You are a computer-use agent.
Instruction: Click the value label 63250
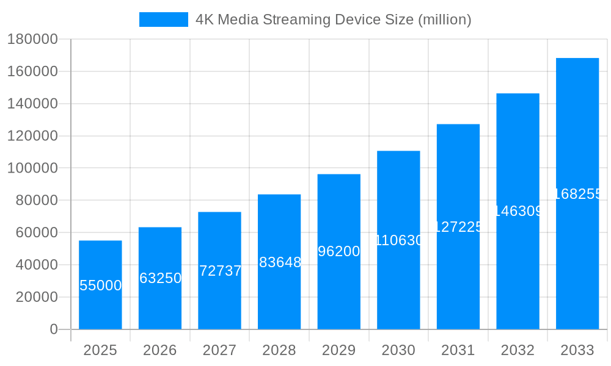[160, 278]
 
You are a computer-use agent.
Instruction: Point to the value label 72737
[220, 271]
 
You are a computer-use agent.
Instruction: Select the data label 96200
[339, 251]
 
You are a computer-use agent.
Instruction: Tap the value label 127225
[458, 227]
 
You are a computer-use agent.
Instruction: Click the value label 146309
[518, 211]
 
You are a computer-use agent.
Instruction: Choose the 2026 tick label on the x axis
[160, 350]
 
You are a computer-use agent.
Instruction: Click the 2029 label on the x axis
[339, 350]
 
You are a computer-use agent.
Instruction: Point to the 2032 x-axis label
[518, 350]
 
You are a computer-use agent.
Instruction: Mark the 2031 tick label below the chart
[458, 350]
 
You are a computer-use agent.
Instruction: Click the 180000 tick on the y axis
[32, 40]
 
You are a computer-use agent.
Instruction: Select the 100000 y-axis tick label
[32, 168]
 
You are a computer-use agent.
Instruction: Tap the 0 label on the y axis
[53, 329]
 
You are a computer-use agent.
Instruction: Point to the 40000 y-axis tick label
[36, 265]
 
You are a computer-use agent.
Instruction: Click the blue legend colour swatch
[164, 20]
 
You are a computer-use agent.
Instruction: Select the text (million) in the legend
[444, 20]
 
